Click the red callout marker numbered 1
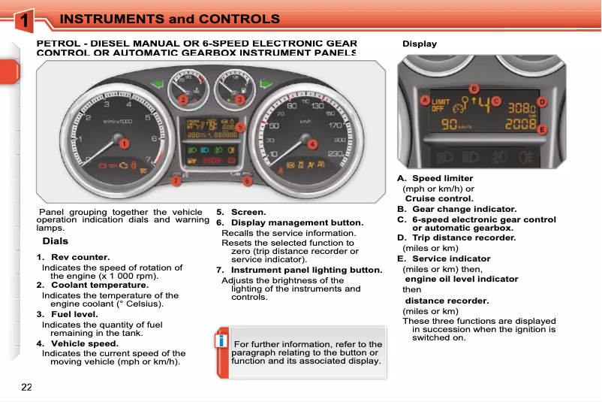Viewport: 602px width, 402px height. click(124, 143)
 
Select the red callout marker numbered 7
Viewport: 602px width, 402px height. click(176, 181)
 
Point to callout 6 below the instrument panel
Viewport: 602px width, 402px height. click(247, 181)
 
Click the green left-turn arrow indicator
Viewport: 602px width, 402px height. click(157, 83)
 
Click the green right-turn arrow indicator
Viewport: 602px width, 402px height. click(264, 83)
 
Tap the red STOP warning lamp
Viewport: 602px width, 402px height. click(212, 160)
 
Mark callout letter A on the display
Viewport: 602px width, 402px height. click(424, 101)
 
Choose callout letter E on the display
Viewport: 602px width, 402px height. click(542, 129)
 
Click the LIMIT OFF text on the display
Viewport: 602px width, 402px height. click(441, 105)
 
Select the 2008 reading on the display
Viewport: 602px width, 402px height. click(521, 125)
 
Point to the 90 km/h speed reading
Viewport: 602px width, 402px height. click(456, 125)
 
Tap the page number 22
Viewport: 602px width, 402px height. click(27, 387)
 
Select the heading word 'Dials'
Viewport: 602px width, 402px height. click(56, 241)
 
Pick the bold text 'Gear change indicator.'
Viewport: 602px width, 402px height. click(464, 209)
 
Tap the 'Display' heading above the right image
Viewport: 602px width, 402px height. click(420, 44)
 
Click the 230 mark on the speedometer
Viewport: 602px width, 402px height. click(335, 154)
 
